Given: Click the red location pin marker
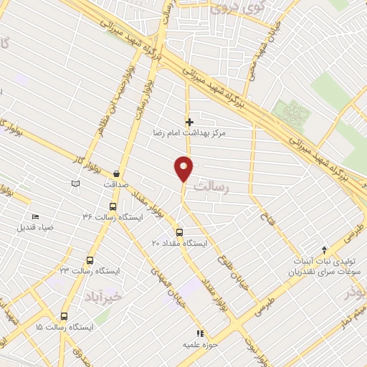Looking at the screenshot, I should (x=184, y=168).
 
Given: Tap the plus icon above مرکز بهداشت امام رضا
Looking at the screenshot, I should (x=189, y=123).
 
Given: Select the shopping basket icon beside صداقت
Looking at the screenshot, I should (x=115, y=173).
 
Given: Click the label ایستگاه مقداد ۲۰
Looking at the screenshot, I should (x=179, y=243).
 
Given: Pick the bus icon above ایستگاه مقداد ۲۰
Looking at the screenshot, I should (x=179, y=232).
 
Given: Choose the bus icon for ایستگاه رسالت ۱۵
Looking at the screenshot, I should (x=64, y=316).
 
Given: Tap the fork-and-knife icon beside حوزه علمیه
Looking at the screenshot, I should (x=201, y=333).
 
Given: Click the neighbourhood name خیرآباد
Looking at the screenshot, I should (x=103, y=296).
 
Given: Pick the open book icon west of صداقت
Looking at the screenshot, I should (x=75, y=184).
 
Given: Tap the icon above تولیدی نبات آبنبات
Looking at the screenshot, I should (x=325, y=250).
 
